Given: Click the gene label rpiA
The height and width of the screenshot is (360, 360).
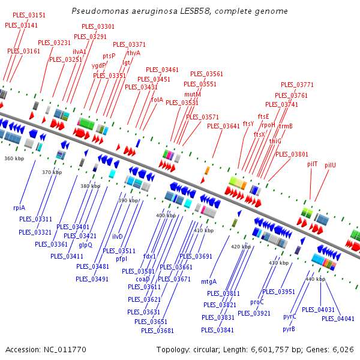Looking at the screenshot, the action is click(x=19, y=208).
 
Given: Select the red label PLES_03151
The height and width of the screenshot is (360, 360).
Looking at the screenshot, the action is click(x=29, y=15).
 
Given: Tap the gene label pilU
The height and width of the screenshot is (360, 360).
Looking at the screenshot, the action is click(x=330, y=165).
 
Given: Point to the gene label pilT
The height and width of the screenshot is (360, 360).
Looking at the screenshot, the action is click(x=312, y=164).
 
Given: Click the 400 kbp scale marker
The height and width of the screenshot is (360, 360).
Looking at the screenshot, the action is click(x=166, y=215).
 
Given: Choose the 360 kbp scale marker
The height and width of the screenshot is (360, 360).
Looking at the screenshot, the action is click(x=14, y=158).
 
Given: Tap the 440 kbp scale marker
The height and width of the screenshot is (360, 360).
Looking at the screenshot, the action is click(x=315, y=279).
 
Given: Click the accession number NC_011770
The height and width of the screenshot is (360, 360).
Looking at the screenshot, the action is click(x=65, y=350).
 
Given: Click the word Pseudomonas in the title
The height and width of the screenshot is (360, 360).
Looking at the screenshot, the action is click(x=100, y=11).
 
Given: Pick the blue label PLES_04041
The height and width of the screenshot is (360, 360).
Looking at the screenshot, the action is click(x=338, y=319).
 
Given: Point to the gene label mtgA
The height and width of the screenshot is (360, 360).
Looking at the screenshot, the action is click(x=209, y=282).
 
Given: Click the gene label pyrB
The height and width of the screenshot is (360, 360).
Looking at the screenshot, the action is click(x=289, y=329).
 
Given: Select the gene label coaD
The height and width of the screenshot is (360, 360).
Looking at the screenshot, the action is click(x=143, y=279).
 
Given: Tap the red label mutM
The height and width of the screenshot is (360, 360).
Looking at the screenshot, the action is click(x=193, y=94).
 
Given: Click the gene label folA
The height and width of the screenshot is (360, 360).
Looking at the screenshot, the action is click(x=157, y=100).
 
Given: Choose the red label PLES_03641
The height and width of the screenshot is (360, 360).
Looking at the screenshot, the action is click(x=223, y=126).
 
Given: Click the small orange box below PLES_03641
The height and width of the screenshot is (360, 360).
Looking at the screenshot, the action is click(x=207, y=170).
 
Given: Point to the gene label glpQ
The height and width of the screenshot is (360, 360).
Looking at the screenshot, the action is click(x=85, y=245).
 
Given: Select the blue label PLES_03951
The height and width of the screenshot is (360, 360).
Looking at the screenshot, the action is click(x=278, y=292).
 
